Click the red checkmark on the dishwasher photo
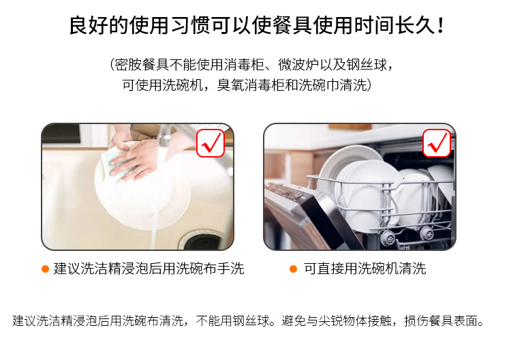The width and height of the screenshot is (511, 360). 437,142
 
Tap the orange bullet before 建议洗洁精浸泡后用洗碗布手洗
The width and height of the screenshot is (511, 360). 45,269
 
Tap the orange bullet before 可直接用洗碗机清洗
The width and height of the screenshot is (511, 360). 293,269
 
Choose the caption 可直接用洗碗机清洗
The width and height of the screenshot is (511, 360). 365,269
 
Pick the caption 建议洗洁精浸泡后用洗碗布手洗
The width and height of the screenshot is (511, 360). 149,269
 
